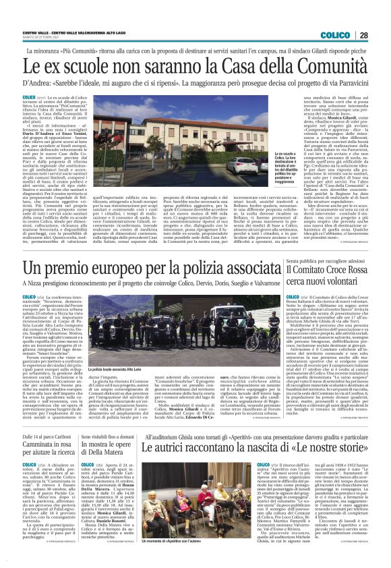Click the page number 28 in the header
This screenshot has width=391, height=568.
(x=380, y=35)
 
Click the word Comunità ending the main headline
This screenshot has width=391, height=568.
(x=330, y=67)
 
